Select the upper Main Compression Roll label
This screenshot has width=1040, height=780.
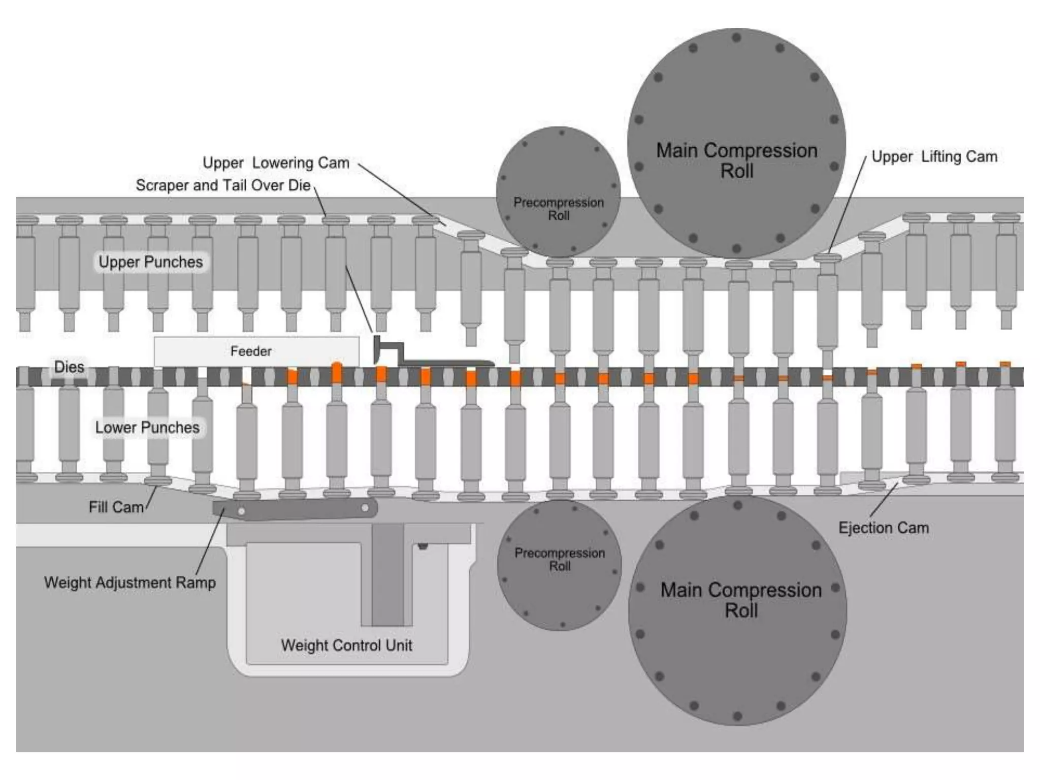coord(736,160)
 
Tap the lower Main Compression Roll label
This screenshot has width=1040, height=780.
coord(741,600)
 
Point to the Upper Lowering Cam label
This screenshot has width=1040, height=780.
coord(276,162)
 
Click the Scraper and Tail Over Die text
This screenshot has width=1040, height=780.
coord(223,185)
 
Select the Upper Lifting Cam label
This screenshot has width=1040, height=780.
coord(934,156)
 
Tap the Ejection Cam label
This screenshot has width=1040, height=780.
coord(883,528)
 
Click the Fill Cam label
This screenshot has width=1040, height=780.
coord(116,507)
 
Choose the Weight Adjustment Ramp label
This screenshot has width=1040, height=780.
coord(129,582)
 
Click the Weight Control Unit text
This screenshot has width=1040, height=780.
coord(346,645)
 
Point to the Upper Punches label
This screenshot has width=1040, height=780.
coord(150,262)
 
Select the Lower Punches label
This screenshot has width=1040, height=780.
coord(147,428)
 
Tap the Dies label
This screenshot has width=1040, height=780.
coord(69,367)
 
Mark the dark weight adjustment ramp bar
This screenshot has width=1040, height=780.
coord(295,509)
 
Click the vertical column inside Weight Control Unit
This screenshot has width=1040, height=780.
coord(387,574)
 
